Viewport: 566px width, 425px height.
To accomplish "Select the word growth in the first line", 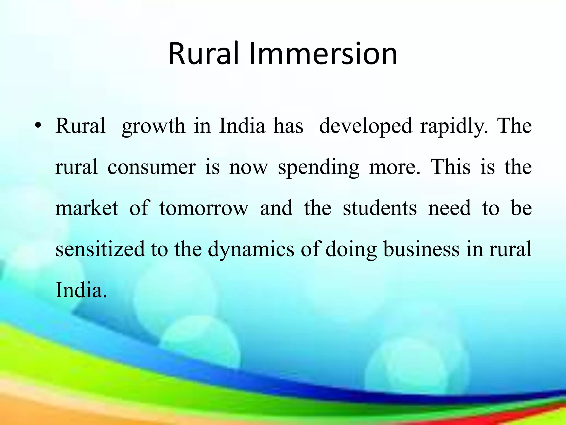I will click(153, 126).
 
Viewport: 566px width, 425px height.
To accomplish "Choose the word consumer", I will click(151, 167).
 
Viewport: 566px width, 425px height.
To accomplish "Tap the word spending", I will click(319, 167).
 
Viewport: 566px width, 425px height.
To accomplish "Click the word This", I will click(450, 167).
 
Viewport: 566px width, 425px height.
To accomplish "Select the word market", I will click(87, 208).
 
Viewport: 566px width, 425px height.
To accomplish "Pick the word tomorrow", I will click(204, 208).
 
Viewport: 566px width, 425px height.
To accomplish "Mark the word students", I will click(380, 208).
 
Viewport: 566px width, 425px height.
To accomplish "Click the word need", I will click(449, 208).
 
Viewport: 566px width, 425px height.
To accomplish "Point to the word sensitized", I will click(100, 249).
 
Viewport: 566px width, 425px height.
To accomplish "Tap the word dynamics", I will click(251, 249).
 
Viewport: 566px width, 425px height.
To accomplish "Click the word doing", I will click(351, 249).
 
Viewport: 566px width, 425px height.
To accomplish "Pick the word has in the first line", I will click(288, 126).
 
